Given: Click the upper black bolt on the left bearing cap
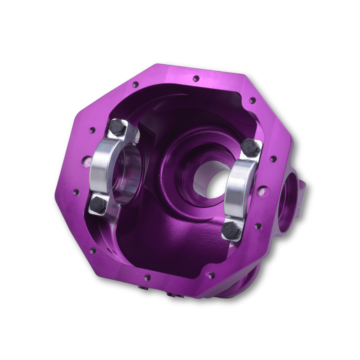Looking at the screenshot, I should pos(118,127).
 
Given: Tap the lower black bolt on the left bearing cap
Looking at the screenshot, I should pos(98,204).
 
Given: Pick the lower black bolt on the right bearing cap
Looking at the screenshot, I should pos(231,230).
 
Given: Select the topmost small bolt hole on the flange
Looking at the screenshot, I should pos(196,79).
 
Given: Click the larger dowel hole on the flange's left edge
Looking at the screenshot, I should pos(86,161).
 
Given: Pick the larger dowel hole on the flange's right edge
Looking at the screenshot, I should pos(263,192).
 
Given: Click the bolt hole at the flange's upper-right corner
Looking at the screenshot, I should pos(252,100).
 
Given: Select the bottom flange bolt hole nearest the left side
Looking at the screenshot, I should pos(147,277).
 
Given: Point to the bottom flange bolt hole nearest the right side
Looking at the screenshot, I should pos(211,275).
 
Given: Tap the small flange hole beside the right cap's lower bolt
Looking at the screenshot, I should pos(258,226).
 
